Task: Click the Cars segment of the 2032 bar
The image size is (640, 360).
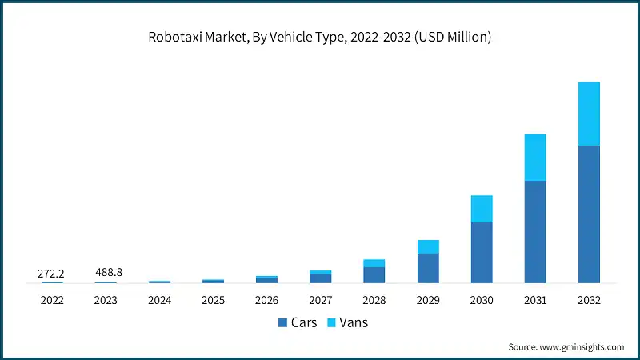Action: coord(589,214)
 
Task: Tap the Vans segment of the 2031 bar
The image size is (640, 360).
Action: coord(535,157)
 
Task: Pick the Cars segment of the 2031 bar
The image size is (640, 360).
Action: coord(535,231)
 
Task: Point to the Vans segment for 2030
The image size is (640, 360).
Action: coord(482,209)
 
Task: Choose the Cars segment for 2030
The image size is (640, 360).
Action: coord(482,252)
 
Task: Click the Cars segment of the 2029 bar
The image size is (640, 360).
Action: coord(428,268)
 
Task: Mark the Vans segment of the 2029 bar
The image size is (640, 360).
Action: coord(428,246)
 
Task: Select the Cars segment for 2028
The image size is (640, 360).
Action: coord(374,274)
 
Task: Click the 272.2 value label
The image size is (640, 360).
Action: coord(51,274)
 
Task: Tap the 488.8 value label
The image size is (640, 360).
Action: coord(106,274)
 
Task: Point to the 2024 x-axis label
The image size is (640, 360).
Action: coord(159,300)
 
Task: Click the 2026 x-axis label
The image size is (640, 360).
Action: coord(266,300)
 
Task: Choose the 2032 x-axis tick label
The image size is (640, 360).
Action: coord(589,300)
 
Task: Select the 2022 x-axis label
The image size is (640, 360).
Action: coord(51,300)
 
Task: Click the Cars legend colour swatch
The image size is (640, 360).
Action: coord(282,323)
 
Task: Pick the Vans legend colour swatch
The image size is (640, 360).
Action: coord(332,323)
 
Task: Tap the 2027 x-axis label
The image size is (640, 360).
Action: coord(320,300)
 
